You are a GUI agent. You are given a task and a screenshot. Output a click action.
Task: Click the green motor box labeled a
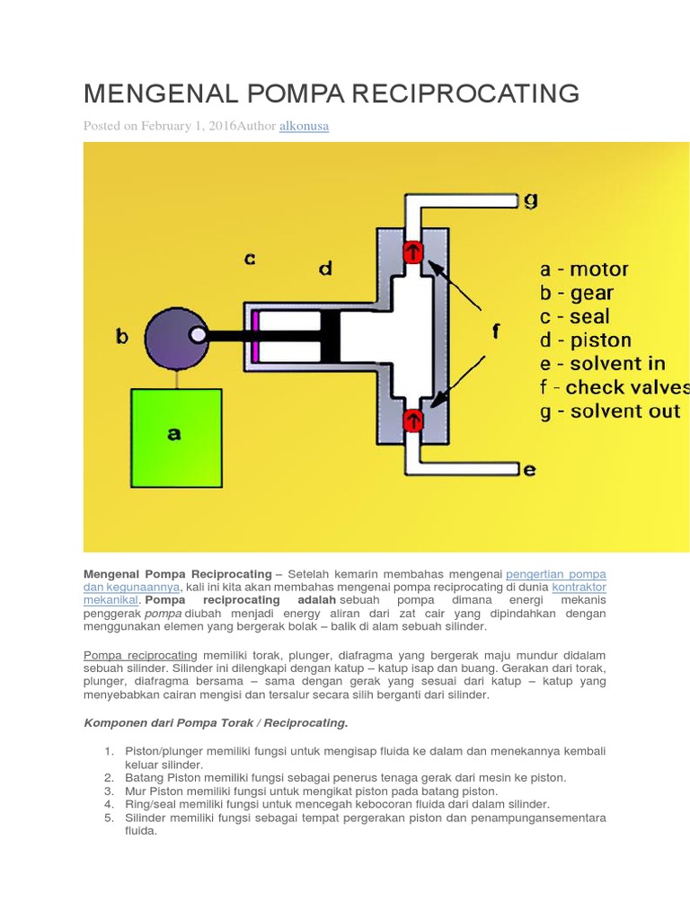(x=176, y=438)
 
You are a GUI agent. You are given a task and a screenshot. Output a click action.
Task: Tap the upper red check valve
(x=412, y=252)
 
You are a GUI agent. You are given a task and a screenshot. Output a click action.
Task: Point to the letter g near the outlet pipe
(x=531, y=199)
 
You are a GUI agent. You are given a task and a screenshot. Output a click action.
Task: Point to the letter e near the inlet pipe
(x=530, y=468)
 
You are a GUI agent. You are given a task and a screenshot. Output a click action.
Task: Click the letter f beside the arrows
(x=495, y=332)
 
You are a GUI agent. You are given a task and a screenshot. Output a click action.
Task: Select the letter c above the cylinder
(x=250, y=259)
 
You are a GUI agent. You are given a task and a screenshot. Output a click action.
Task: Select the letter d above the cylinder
(x=325, y=268)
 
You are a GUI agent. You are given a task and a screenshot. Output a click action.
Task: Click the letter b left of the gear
(x=122, y=337)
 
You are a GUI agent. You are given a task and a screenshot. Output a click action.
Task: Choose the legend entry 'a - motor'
(x=584, y=269)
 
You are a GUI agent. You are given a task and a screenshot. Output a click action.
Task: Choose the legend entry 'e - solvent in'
(x=602, y=364)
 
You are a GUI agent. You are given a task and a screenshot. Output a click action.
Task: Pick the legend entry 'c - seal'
(x=574, y=316)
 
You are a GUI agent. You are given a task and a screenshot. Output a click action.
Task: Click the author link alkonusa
(x=304, y=126)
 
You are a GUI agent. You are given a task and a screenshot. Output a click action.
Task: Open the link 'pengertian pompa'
(x=555, y=573)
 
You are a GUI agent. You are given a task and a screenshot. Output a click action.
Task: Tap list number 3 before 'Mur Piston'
(x=108, y=791)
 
